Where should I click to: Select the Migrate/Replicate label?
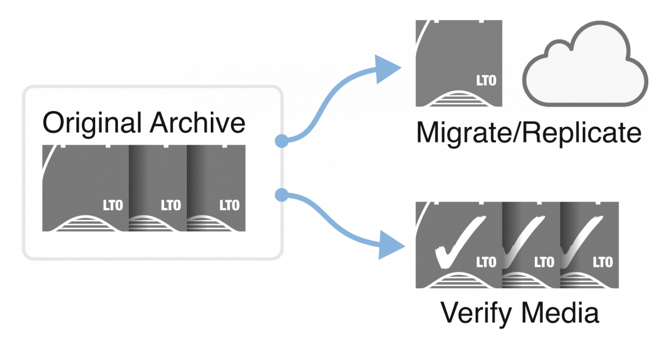[529, 133]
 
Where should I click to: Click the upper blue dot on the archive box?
[281, 140]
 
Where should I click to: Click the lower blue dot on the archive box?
[281, 195]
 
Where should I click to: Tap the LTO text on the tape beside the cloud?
[486, 80]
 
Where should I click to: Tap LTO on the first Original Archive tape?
[112, 206]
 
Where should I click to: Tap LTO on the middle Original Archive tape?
[171, 206]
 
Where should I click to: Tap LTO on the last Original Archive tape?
[229, 206]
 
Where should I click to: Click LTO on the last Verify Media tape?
[603, 262]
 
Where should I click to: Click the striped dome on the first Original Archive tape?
[85, 224]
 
